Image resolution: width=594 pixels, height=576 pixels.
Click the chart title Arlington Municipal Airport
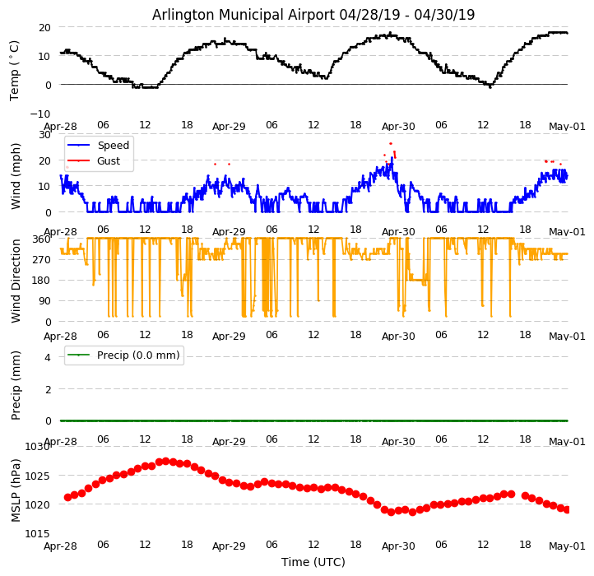coord(313,15)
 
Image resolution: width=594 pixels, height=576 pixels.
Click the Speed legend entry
coord(113,146)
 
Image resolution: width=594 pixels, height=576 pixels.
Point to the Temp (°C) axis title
coord(15,70)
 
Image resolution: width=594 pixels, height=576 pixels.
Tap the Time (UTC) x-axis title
coord(313,562)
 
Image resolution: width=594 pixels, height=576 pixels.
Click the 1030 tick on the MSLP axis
coord(37,447)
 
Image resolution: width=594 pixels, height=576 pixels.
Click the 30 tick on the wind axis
coord(44,134)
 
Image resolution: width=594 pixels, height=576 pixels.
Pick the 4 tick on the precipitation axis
coord(48,357)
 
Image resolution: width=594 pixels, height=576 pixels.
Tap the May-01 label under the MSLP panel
coord(568,546)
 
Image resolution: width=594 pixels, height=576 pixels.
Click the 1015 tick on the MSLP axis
coord(37,533)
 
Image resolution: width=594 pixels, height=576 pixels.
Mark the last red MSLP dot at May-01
coord(567,510)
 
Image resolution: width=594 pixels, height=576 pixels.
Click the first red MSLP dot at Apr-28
coord(67,497)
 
